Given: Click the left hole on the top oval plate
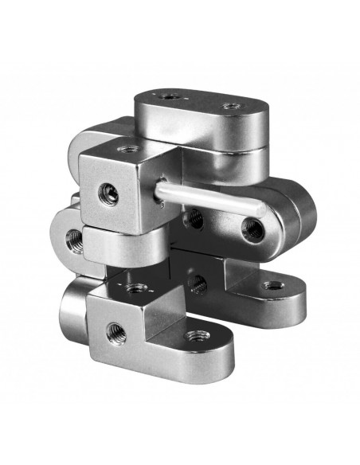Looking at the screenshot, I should click(170, 96).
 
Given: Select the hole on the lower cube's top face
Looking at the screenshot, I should click(137, 287).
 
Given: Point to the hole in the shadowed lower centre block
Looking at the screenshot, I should click(197, 282).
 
